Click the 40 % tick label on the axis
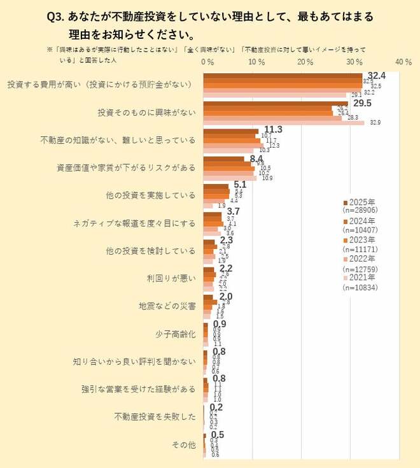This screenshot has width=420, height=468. (403, 62)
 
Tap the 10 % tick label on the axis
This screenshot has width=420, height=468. (256, 62)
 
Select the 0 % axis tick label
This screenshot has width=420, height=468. (207, 62)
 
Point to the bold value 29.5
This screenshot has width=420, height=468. (362, 103)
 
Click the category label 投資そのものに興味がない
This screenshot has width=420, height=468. (146, 112)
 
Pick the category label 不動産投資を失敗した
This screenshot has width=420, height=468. (155, 417)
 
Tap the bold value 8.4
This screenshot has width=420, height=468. (256, 158)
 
